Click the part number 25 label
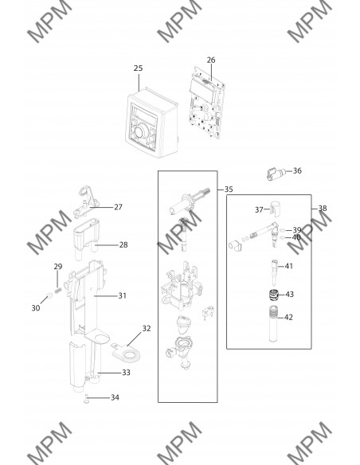(138, 68)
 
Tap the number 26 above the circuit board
(211, 60)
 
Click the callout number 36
(297, 170)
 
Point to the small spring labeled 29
(58, 290)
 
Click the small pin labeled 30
(49, 295)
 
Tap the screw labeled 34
(86, 399)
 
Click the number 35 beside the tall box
(229, 190)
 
